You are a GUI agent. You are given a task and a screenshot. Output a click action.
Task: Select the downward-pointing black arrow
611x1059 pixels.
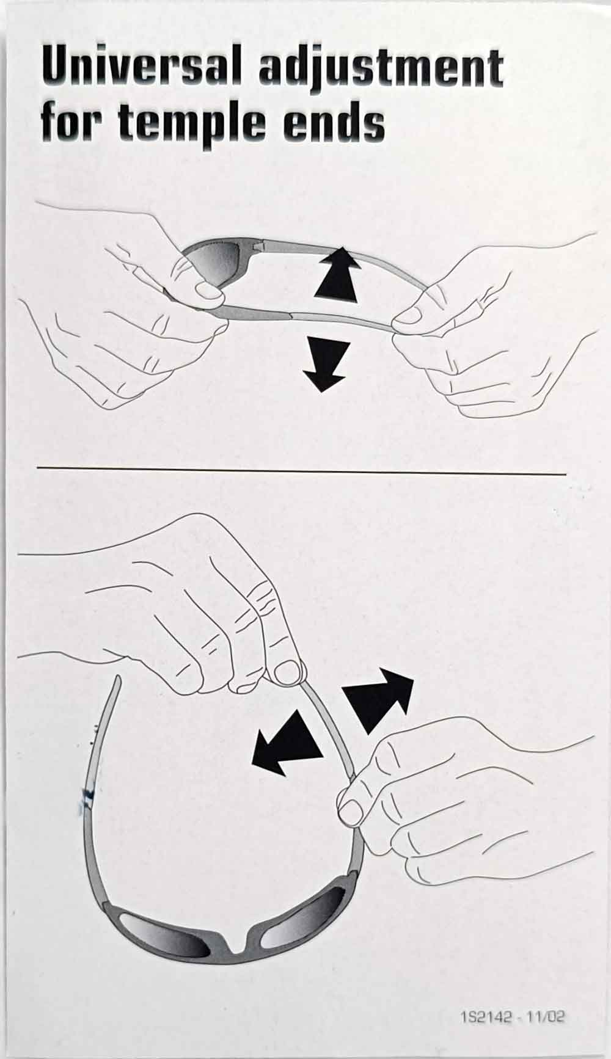point(326,365)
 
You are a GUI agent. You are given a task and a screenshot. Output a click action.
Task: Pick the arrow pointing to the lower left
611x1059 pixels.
point(286,743)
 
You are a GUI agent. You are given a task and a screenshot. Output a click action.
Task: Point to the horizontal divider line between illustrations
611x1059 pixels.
point(301,471)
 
